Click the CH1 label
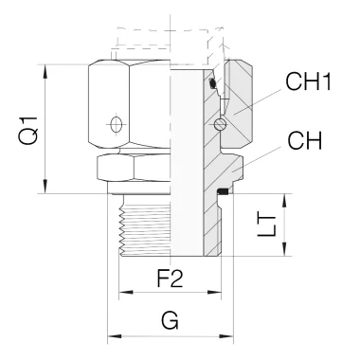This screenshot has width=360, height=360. point(308,81)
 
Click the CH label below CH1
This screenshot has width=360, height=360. point(304,140)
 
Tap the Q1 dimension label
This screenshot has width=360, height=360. point(28,130)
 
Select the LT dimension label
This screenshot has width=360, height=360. point(267,225)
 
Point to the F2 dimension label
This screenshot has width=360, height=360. point(170,279)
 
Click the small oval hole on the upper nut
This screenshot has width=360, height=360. point(117,124)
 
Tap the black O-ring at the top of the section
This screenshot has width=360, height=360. point(213,83)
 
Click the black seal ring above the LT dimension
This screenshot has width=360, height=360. point(223,191)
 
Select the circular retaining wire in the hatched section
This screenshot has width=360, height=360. point(220,124)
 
